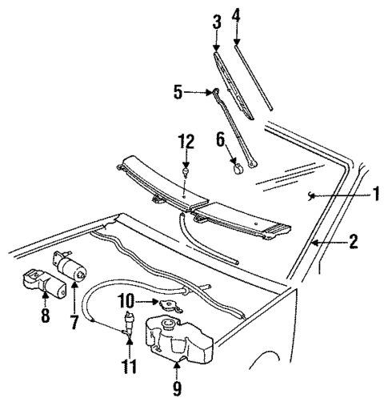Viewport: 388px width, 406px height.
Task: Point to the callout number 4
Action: click(236, 14)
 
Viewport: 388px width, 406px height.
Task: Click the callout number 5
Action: click(178, 91)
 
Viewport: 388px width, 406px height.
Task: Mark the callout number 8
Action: click(44, 315)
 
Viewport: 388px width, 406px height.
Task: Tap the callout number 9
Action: click(178, 389)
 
